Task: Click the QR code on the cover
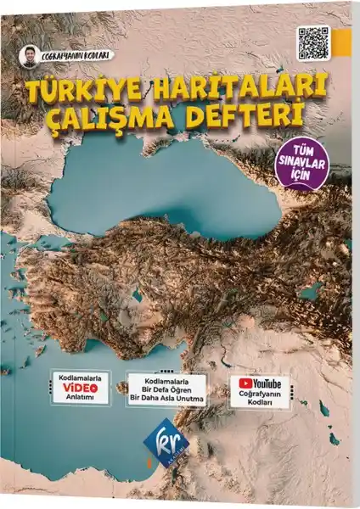[314, 42]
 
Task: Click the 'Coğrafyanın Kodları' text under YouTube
[260, 400]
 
